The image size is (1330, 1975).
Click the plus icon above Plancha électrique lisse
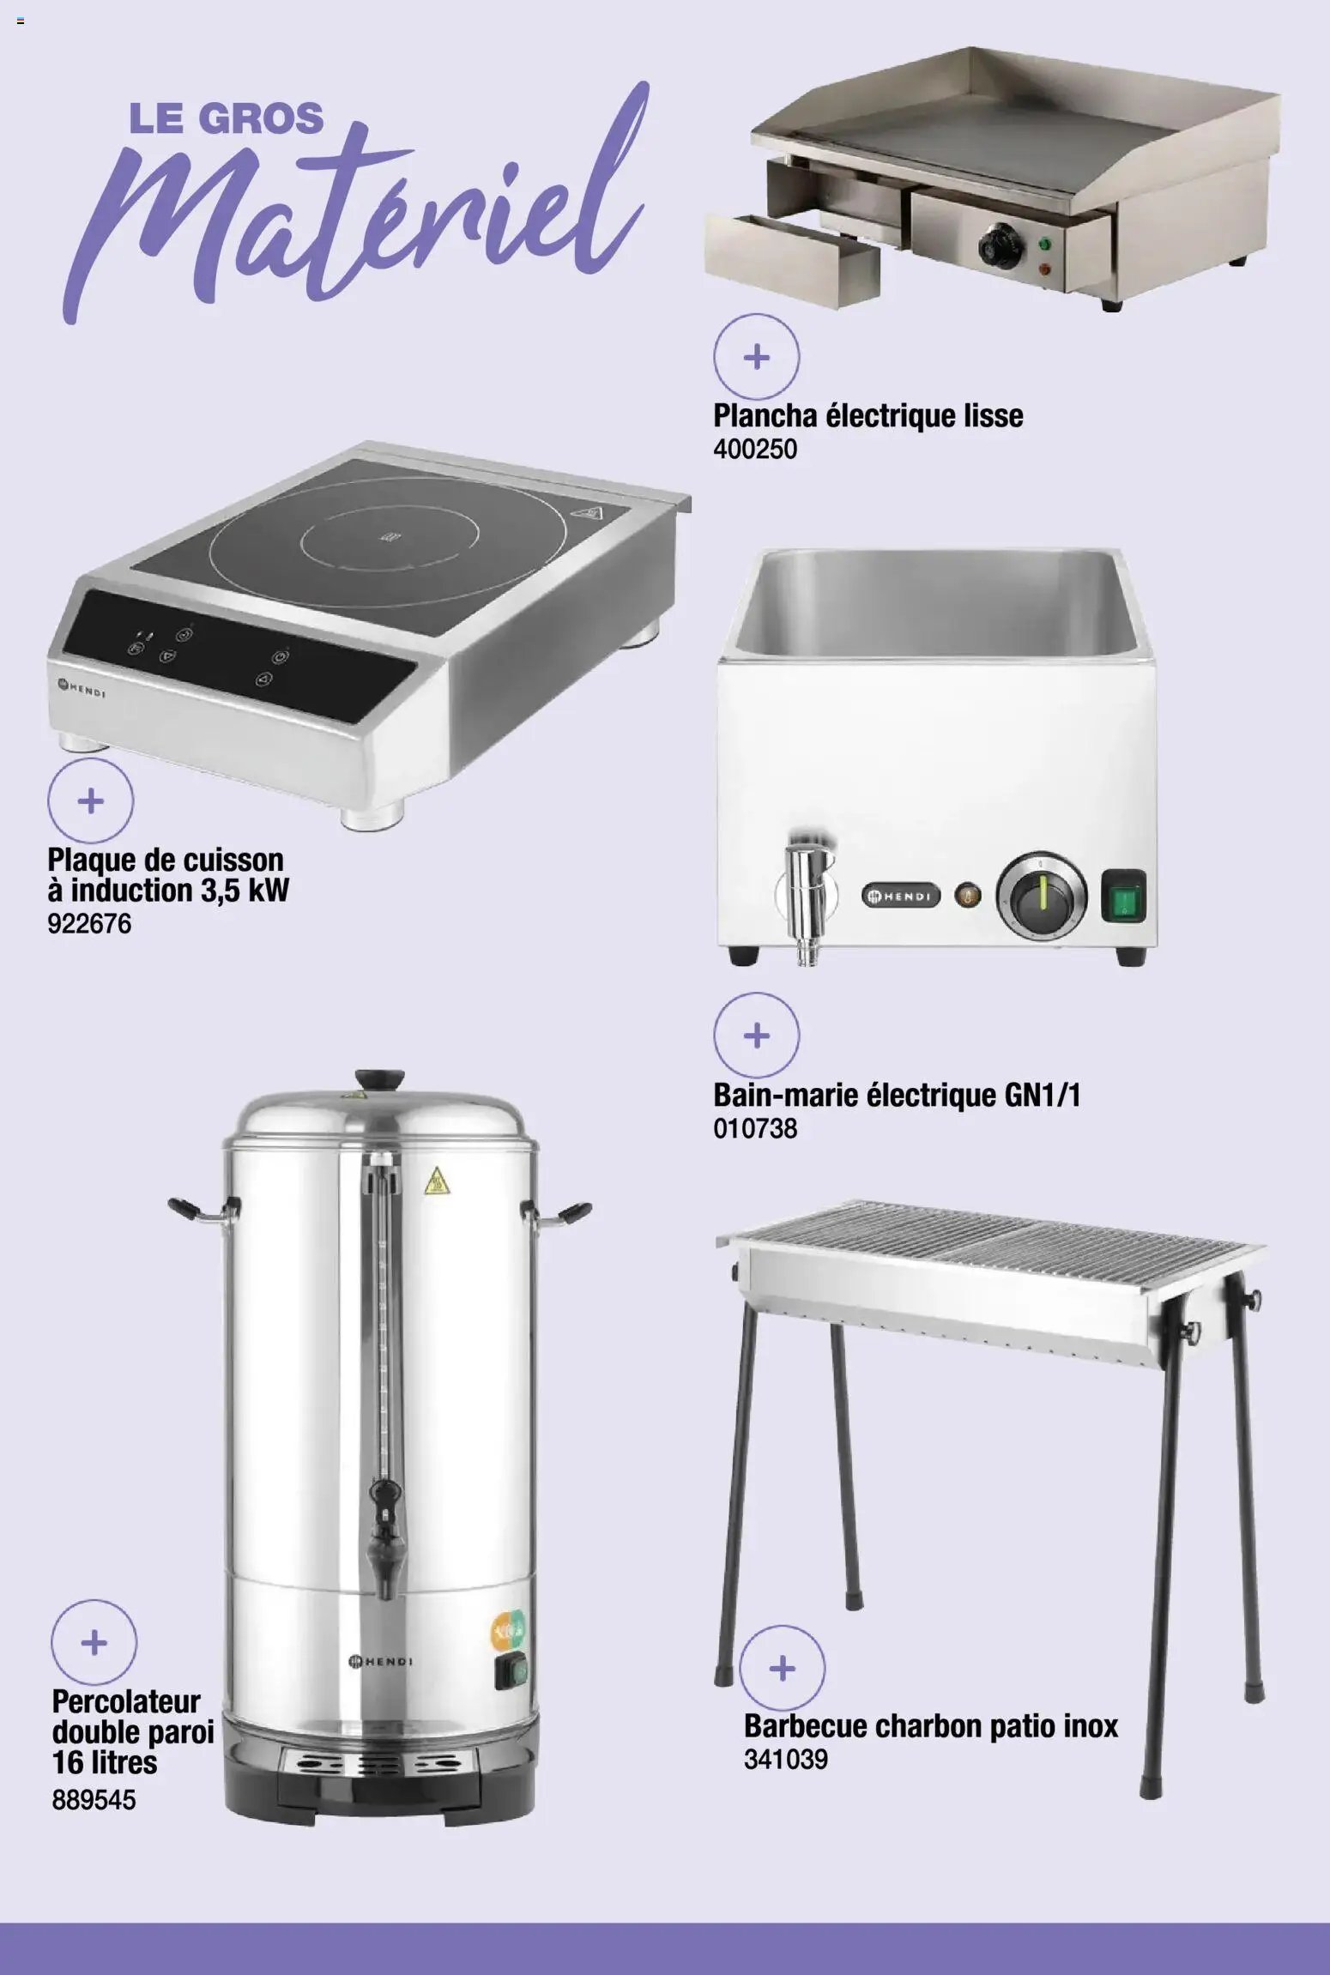point(756,357)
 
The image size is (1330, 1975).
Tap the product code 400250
point(754,449)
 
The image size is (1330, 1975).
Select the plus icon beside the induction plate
point(90,801)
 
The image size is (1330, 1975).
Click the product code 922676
point(89,924)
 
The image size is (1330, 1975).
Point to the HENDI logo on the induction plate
point(81,687)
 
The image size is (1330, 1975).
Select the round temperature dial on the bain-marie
point(1041,897)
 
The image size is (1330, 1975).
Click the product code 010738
point(755,1129)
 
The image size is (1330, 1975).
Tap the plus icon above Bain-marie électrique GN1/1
point(756,1036)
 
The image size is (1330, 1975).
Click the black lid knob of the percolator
point(382,1078)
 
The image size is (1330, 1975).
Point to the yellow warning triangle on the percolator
point(437,1182)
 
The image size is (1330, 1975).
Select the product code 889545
point(94,1798)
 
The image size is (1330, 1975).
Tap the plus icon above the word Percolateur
point(94,1642)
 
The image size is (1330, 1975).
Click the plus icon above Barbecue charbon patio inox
point(782,1669)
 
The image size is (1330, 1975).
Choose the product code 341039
point(785,1760)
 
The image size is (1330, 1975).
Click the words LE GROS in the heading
point(227,118)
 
